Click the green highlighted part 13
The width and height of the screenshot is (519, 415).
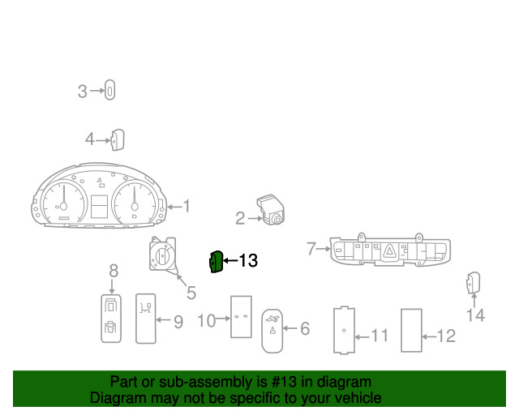pos(217,262)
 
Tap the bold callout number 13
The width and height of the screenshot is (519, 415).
pos(248,260)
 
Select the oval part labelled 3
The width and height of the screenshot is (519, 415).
pos(110,90)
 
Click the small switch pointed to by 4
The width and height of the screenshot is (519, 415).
pos(118,139)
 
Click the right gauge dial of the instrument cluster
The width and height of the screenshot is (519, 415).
pos(134,203)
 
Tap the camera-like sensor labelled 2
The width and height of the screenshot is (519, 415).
pos(271,209)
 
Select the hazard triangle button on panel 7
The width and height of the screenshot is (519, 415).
pos(389,251)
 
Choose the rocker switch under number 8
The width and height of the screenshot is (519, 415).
pos(111,319)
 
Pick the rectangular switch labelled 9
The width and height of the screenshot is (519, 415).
pos(146,319)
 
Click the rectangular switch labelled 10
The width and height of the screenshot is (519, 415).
pos(241,317)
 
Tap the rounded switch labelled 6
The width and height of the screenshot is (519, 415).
pos(272,331)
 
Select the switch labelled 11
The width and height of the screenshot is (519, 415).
pos(344,330)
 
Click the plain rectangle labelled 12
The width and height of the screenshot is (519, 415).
pos(411,330)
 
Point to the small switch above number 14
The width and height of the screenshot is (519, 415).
pos(474,283)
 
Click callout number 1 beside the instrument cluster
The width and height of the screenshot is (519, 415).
pos(187,206)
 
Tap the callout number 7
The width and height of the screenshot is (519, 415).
pos(311,249)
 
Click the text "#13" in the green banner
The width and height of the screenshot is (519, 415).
pos(284,382)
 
